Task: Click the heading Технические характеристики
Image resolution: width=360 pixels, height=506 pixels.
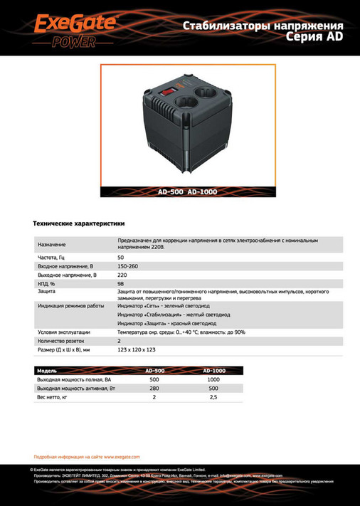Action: click(78, 223)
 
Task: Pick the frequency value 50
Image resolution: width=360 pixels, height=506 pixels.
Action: click(120, 257)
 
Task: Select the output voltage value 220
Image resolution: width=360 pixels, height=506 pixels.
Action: click(122, 274)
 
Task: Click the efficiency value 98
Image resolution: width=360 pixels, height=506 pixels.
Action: click(120, 283)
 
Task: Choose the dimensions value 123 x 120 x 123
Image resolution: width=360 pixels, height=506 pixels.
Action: click(137, 349)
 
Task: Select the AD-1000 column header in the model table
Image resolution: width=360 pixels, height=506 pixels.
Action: click(213, 371)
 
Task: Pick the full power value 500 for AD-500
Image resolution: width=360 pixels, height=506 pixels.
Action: click(154, 379)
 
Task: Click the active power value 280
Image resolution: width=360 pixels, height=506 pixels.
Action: click(154, 388)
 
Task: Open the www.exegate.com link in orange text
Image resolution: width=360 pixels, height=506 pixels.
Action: click(122, 456)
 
